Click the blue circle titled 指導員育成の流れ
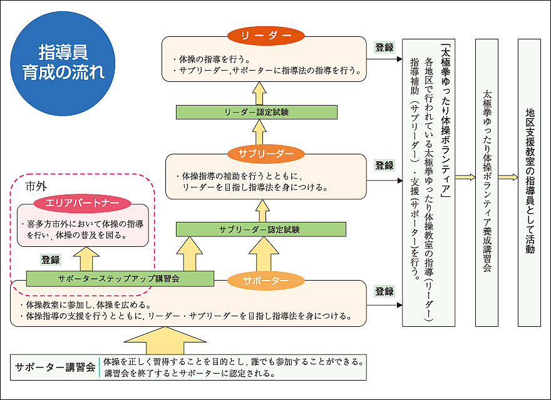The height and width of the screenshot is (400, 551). (63, 64)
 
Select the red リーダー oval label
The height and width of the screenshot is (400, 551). (265, 36)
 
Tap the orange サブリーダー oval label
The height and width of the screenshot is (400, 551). (265, 154)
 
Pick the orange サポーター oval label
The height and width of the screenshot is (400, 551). (265, 281)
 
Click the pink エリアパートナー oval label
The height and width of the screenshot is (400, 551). (83, 202)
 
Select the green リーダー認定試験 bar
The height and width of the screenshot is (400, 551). (257, 112)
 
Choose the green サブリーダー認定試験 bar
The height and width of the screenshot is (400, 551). (260, 229)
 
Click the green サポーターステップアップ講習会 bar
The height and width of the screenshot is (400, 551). (120, 279)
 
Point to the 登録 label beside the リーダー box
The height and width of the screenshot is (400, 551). (384, 47)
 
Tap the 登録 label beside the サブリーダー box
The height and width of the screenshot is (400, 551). (384, 165)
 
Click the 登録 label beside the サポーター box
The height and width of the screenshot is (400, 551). (384, 291)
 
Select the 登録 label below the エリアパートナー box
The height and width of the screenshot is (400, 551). (51, 260)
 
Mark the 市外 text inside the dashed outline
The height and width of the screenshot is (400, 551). (36, 186)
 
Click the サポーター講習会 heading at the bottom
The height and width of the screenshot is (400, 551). (55, 367)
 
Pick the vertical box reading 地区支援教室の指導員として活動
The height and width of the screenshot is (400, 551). (529, 182)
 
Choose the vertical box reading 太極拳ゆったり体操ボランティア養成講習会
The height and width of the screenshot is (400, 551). (487, 182)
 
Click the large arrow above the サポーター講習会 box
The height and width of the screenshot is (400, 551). (165, 341)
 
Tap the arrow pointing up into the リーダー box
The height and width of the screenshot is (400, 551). (260, 93)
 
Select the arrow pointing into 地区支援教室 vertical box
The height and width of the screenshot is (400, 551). (508, 177)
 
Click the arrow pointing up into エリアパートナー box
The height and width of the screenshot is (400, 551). (86, 259)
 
